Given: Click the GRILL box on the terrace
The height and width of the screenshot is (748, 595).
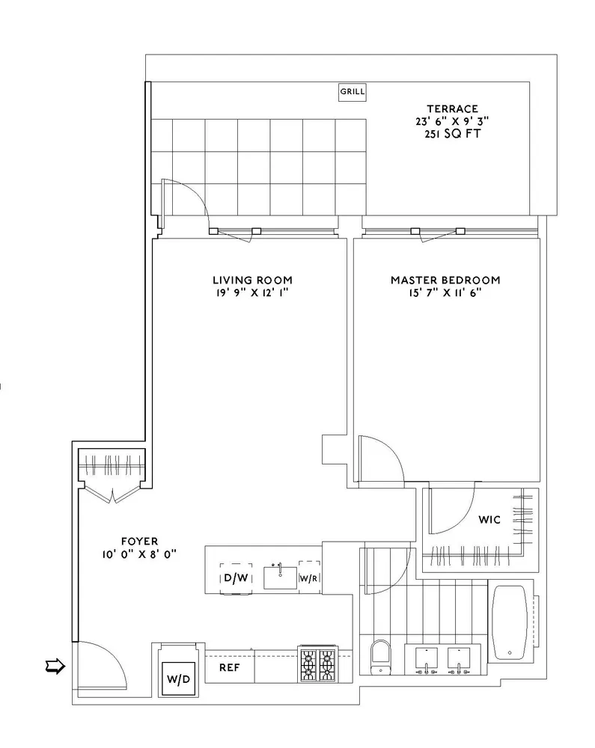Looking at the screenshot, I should [353, 92].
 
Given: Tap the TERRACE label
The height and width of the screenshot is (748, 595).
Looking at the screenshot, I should [448, 108].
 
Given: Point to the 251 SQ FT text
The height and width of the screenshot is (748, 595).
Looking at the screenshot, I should [448, 135].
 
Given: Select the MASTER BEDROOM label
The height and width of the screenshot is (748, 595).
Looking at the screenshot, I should [445, 280].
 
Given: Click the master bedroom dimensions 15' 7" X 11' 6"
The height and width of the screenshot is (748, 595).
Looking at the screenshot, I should [445, 293].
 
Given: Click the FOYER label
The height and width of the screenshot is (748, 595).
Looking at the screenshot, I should [141, 540].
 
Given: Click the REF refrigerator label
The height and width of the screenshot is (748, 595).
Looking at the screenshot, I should [229, 666].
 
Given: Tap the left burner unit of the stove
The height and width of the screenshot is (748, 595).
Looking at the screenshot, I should [309, 665].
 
